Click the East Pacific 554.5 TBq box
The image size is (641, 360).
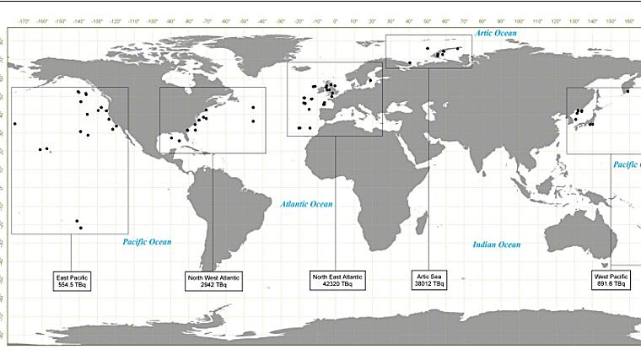tap(71, 281)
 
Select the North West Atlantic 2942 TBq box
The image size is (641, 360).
tap(213, 281)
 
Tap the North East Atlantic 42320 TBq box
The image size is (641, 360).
tap(337, 281)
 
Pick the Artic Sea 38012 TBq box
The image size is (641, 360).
tap(429, 281)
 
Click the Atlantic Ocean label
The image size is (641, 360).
tap(307, 204)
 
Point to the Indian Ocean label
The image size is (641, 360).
tap(497, 244)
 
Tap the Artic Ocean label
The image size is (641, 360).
tap(496, 33)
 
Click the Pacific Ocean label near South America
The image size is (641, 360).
tap(147, 242)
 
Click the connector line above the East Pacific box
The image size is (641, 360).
tap(71, 252)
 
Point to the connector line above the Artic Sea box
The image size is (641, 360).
tap(429, 169)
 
